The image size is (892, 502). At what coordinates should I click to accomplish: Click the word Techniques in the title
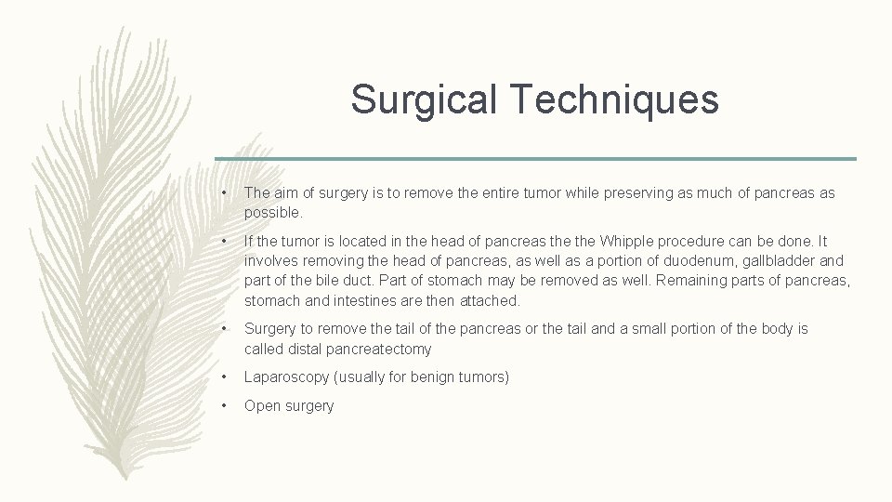click(x=615, y=99)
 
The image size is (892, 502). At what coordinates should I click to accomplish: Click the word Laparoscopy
click(x=289, y=377)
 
